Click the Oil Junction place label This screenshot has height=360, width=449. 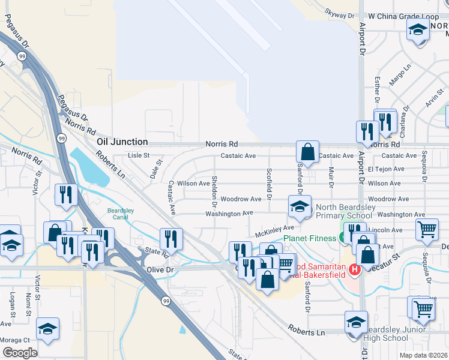[122, 142]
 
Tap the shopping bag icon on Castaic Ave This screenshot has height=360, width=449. [307, 152]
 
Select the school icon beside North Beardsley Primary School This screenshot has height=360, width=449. [298, 207]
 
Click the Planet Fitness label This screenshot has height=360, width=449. [310, 238]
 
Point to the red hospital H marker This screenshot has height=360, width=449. [354, 270]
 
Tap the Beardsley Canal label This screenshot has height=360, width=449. [122, 214]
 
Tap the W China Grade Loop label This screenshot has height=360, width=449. [404, 16]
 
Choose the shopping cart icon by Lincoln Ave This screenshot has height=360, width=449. [427, 229]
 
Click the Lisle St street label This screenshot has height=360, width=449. [139, 155]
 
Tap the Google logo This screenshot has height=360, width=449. [20, 353]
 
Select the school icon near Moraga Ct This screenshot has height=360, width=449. [47, 329]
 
